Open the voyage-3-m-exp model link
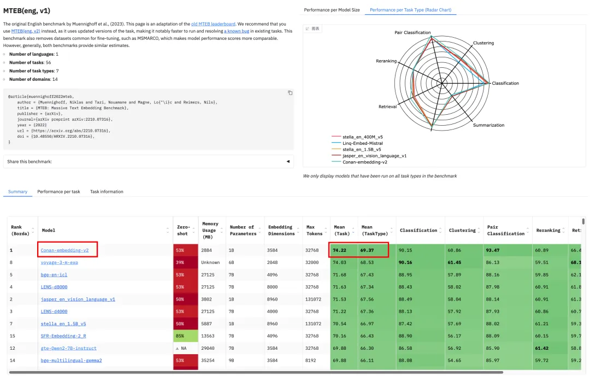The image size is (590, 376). pos(59,263)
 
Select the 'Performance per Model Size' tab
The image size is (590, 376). pos(332,10)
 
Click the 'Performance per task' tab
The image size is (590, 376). pos(58,192)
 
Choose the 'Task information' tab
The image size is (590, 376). pos(107,192)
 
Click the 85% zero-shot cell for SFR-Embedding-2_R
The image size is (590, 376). pos(179,336)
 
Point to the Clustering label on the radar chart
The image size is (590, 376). pos(483,43)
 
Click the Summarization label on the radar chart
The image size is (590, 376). pos(488,125)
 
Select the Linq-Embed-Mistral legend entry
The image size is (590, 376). pos(363,143)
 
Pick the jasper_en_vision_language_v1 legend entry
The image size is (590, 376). pos(374,156)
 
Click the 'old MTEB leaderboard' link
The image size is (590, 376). pos(216,24)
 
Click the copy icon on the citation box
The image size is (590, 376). pos(290,93)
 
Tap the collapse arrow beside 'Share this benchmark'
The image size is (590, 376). pos(288,162)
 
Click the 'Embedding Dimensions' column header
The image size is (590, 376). pos(281,231)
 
